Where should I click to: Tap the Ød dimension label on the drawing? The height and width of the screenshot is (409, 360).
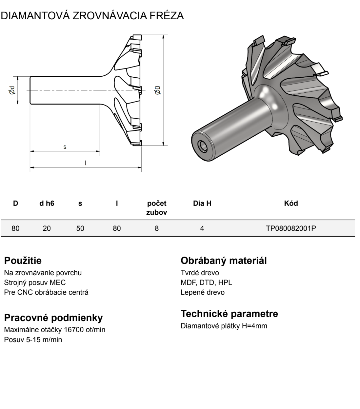coord(12,90)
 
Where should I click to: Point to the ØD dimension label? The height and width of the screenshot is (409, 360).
coord(158,90)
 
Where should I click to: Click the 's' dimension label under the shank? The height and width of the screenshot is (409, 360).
coord(65,147)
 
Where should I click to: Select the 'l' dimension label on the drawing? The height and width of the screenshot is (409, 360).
coord(86,163)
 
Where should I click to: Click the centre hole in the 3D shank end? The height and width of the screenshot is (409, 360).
coord(202,146)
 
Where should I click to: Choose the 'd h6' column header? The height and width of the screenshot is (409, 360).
coord(47,204)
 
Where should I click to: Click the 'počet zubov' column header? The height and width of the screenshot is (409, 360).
coord(157,208)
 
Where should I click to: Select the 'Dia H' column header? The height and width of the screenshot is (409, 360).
coord(202,204)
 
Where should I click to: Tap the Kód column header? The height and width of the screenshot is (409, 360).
coord(291,203)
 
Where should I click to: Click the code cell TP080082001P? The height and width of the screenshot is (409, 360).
coord(291,228)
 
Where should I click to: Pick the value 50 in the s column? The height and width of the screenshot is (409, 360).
coord(80,228)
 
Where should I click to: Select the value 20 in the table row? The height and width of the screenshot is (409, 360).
coord(47,228)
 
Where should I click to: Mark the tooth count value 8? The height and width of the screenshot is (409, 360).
coord(157,228)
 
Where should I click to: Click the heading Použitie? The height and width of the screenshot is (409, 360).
coord(23,261)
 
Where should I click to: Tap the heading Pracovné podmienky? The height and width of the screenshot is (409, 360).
coord(53,318)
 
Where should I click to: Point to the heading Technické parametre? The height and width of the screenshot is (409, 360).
coord(229,314)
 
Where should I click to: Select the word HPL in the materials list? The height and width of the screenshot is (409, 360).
coord(225,282)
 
